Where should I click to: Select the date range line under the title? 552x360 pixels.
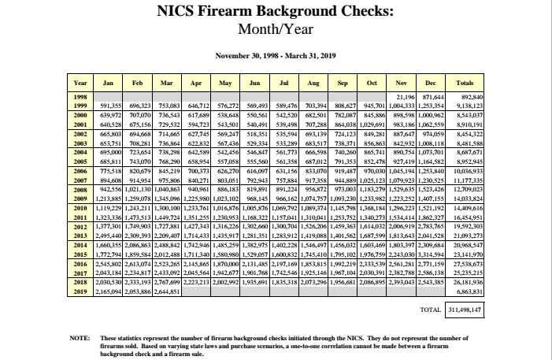pyautogui.click(x=276, y=56)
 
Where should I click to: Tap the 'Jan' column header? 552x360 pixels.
pyautogui.click(x=109, y=82)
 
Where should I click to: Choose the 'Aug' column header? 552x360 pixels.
pyautogui.click(x=314, y=82)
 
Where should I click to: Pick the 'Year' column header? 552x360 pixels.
pyautogui.click(x=80, y=82)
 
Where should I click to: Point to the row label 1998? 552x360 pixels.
pyautogui.click(x=80, y=95)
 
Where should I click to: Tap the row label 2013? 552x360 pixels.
pyautogui.click(x=80, y=203)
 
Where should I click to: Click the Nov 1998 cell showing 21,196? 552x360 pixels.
pyautogui.click(x=405, y=95)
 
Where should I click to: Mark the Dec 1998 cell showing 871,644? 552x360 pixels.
pyautogui.click(x=432, y=95)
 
